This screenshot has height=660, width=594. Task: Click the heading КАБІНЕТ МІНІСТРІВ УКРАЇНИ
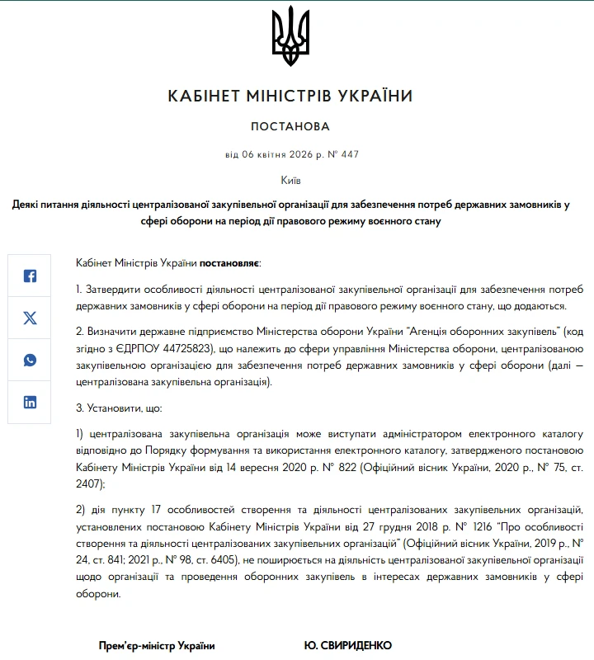(290, 97)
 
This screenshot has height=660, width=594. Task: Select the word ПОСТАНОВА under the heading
(290, 127)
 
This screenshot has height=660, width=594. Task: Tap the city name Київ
(290, 180)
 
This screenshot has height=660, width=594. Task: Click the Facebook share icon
(30, 276)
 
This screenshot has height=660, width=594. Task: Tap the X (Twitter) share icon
(30, 318)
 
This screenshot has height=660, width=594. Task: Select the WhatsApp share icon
(30, 361)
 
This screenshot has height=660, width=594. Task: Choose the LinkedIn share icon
(30, 403)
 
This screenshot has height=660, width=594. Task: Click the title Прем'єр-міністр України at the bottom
(157, 645)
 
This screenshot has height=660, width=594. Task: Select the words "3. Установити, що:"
(120, 408)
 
